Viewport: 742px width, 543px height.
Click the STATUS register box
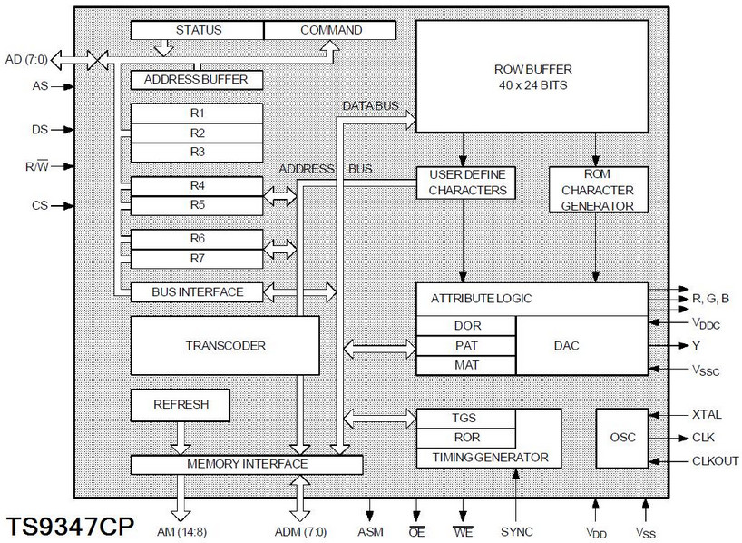click(x=197, y=30)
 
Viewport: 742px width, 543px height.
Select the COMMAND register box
click(x=330, y=30)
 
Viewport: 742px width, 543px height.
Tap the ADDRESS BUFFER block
click(x=196, y=80)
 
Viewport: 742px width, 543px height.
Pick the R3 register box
click(x=196, y=153)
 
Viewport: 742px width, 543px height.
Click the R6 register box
click(x=196, y=239)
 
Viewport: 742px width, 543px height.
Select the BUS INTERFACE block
click(x=196, y=292)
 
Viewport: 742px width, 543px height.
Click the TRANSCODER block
click(x=225, y=345)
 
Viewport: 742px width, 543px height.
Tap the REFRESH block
click(x=181, y=405)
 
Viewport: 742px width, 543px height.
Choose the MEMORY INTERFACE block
click(x=247, y=464)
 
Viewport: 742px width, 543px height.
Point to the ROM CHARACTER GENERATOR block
click(x=598, y=190)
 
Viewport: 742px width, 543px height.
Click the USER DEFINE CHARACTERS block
click(x=465, y=183)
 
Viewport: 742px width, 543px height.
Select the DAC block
click(x=581, y=345)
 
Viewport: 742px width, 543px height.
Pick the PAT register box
click(x=465, y=346)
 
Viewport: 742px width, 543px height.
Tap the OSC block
click(x=621, y=438)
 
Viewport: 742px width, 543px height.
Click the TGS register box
click(x=465, y=419)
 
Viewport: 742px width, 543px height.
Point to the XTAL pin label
click(x=707, y=415)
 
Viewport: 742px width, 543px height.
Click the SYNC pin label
click(x=517, y=532)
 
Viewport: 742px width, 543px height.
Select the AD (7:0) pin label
click(x=26, y=60)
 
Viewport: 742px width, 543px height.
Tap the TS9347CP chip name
click(x=70, y=526)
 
